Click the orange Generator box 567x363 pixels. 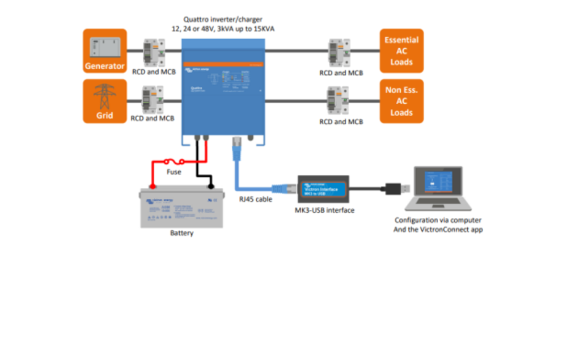[105, 51]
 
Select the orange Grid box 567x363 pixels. [105, 101]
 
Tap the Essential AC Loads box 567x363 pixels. [401, 51]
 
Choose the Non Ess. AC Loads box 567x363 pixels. [401, 101]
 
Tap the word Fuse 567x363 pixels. [174, 172]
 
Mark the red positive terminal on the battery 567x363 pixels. [152, 185]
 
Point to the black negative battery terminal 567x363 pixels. [211, 185]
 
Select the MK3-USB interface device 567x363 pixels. [323, 189]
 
